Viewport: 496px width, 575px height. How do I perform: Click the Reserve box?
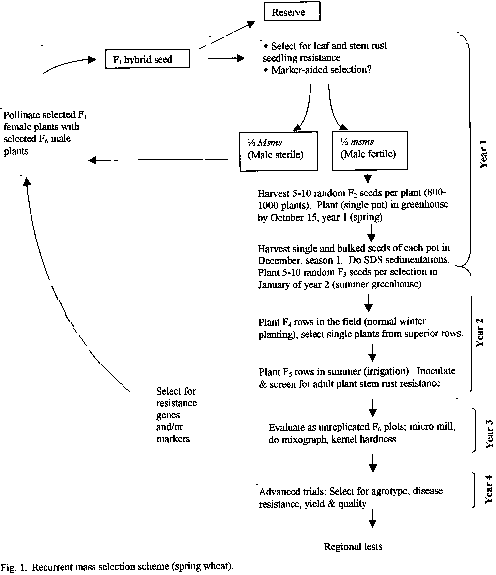tap(292, 11)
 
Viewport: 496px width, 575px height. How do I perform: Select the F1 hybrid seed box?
tap(147, 59)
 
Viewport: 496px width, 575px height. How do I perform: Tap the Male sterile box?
tap(279, 151)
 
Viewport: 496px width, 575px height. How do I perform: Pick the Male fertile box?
tap(370, 150)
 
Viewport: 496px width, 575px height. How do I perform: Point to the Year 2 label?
tap(480, 333)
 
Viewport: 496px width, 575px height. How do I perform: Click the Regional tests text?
tap(353, 546)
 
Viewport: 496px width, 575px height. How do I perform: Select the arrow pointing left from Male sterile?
tap(157, 160)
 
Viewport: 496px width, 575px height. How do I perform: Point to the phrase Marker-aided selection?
tap(321, 70)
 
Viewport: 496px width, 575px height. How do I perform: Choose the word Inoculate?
tap(436, 371)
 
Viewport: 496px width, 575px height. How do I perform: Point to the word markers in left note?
tap(173, 438)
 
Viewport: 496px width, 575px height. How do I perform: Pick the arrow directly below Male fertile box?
tap(368, 178)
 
